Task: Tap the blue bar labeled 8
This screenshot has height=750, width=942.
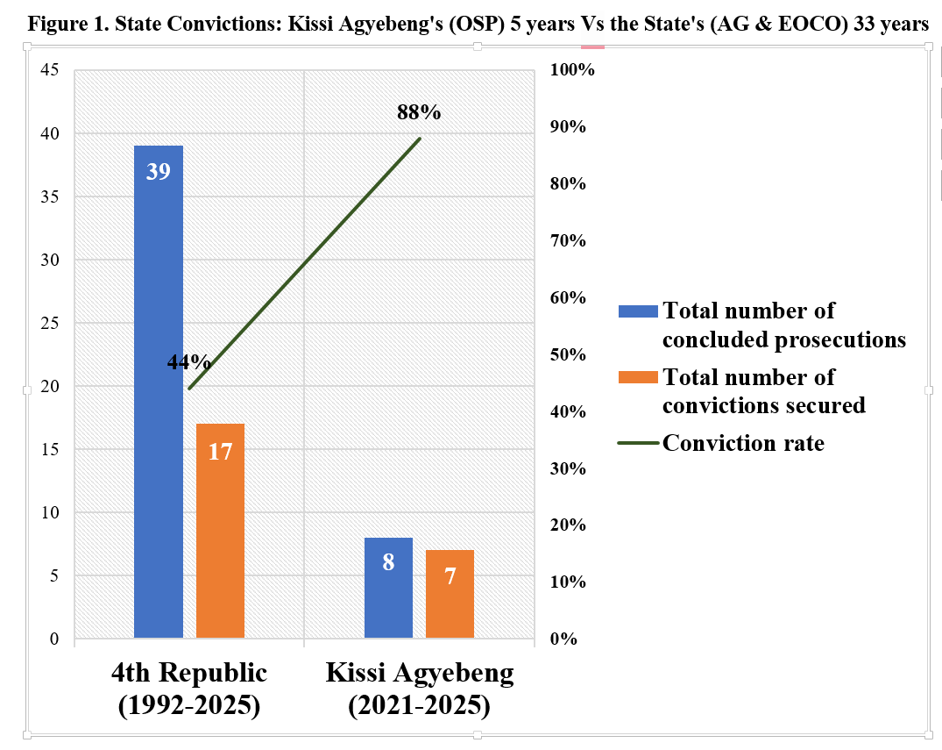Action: coord(388,587)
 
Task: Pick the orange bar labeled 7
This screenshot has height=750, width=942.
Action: coord(450,593)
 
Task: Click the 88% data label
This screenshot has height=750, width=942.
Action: coord(419,112)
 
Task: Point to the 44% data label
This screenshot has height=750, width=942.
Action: coord(188,362)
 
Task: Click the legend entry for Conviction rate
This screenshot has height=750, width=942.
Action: coord(742,443)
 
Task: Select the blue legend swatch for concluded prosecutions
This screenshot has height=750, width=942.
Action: coord(638,311)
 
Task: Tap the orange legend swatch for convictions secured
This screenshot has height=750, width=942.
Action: coord(638,377)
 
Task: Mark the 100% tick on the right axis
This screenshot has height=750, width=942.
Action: coord(572,70)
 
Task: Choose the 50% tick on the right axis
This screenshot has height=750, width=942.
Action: coord(568,354)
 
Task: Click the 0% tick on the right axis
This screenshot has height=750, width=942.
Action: coord(563,639)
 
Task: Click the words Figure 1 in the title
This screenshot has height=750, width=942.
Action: coord(61,25)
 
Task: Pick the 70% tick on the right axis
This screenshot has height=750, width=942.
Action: coord(568,241)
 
